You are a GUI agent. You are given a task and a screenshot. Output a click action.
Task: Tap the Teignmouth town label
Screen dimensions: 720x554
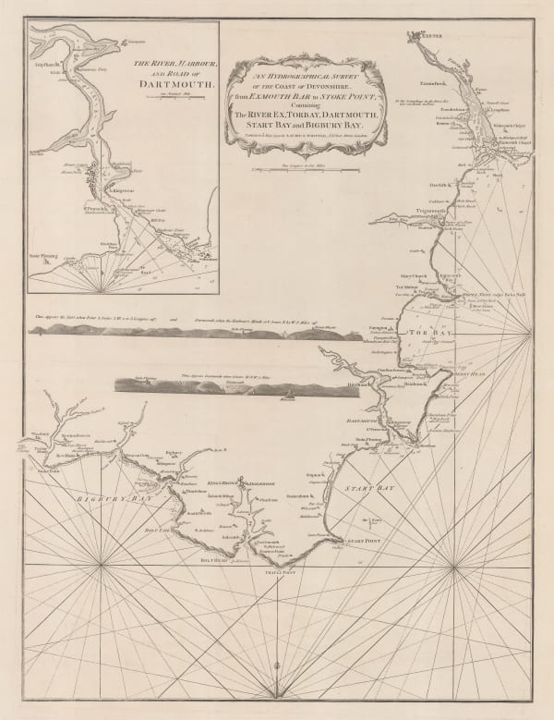click(408, 210)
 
